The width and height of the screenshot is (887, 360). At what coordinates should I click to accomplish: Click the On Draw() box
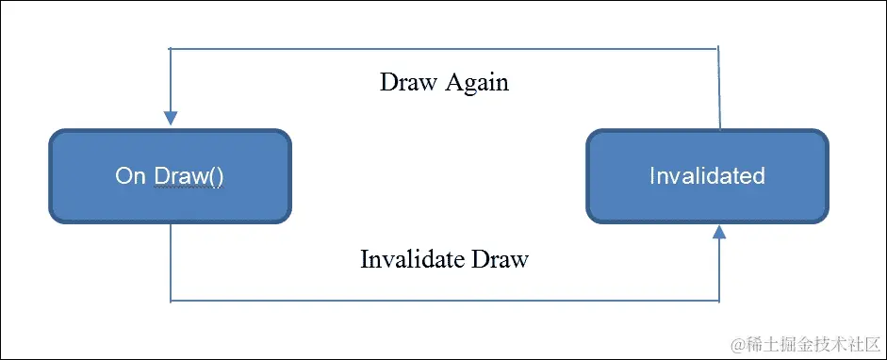click(x=170, y=176)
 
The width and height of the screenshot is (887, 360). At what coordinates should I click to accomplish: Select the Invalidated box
click(x=708, y=176)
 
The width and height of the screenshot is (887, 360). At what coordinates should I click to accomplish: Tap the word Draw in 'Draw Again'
click(x=405, y=82)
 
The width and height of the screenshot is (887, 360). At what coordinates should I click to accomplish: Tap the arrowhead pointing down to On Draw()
click(x=171, y=119)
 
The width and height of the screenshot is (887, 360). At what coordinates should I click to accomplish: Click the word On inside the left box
click(x=128, y=176)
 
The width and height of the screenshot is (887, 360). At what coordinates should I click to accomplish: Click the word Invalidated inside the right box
click(x=707, y=176)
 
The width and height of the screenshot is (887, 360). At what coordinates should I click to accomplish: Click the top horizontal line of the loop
click(x=443, y=48)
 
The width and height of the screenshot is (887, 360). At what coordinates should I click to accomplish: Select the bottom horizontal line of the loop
click(x=443, y=301)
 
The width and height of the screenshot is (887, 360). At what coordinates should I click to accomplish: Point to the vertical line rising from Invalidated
click(x=720, y=90)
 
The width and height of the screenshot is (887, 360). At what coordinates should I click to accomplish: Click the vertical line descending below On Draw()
click(x=171, y=264)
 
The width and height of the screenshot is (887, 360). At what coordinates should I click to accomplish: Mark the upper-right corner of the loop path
click(x=720, y=48)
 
